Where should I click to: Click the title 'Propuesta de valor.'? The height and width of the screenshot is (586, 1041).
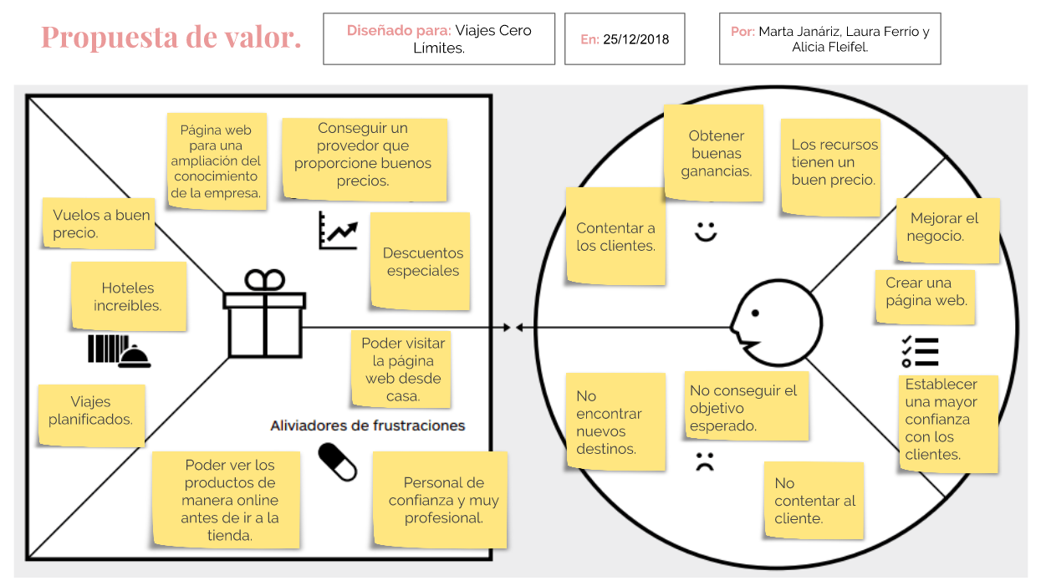tap(171, 38)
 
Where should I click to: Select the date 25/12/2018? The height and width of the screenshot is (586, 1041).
tap(636, 39)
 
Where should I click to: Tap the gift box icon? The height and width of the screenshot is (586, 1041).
tap(264, 313)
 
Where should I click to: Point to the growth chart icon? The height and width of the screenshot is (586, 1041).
tap(338, 230)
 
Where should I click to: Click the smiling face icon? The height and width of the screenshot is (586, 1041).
tap(706, 231)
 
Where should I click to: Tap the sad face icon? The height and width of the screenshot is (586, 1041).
tap(706, 461)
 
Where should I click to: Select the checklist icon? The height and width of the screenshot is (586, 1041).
tap(920, 351)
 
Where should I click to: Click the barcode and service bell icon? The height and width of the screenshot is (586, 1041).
tap(119, 351)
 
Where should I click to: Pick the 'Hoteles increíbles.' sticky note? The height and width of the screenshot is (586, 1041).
tap(128, 297)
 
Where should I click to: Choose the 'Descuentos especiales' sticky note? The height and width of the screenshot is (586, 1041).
tap(421, 262)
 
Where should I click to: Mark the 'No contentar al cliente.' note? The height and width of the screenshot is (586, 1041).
tap(813, 500)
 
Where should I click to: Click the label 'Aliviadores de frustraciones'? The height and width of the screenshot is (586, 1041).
tap(367, 425)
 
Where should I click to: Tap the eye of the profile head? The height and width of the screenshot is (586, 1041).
tap(755, 314)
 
